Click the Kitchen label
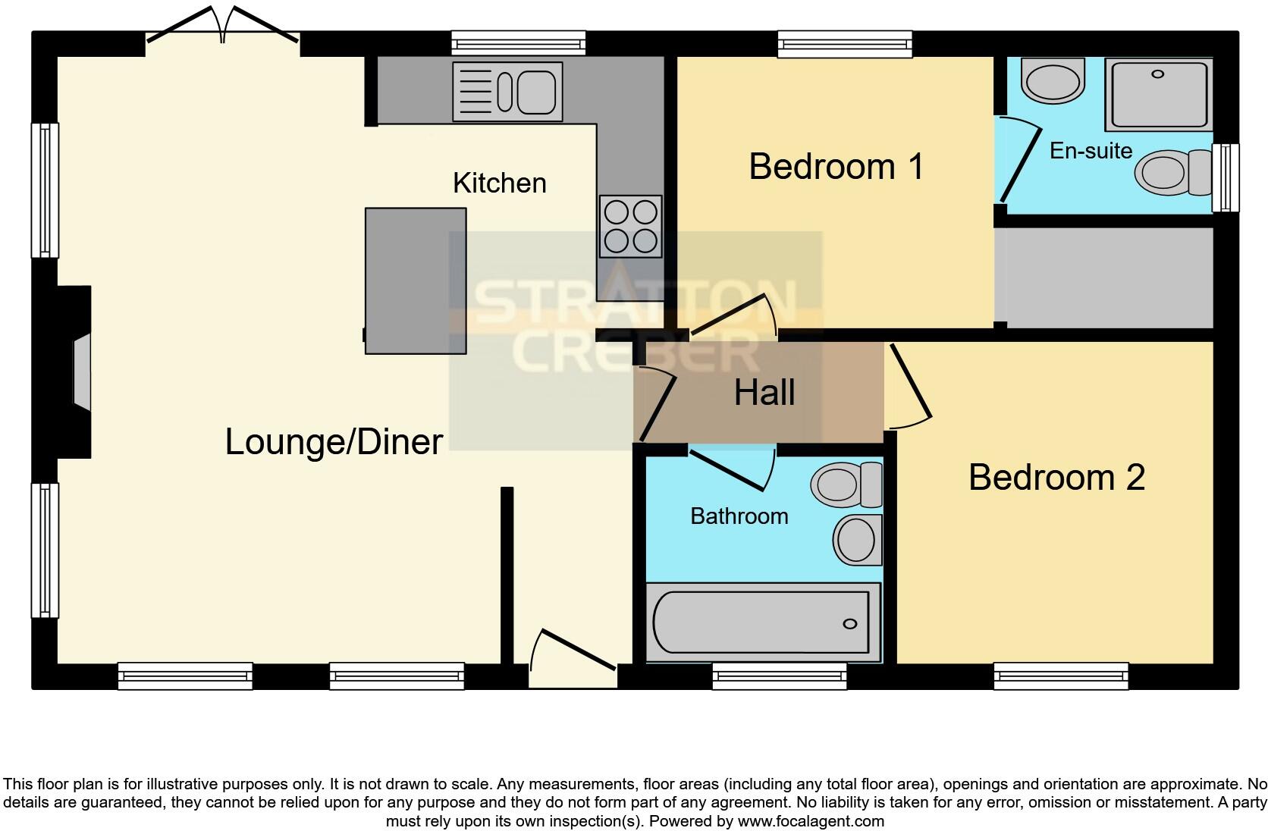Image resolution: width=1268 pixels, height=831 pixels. tap(499, 183)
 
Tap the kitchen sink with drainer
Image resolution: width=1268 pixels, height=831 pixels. tap(507, 91)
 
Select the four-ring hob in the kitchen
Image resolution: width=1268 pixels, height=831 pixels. tap(630, 226)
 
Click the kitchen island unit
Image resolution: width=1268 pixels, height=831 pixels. tap(416, 281)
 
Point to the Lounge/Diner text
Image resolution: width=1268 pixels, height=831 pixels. tap(334, 441)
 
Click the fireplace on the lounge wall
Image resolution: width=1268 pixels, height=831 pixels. tap(80, 372)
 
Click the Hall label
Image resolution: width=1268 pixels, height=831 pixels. tap(764, 393)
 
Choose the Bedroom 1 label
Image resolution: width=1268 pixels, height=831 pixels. tap(836, 166)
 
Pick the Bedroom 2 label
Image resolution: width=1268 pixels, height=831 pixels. tap(1056, 477)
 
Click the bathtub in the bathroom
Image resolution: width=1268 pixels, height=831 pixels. tap(762, 622)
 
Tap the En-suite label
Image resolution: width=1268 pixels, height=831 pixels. tap(1091, 150)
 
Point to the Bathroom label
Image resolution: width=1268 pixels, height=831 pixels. tap(739, 516)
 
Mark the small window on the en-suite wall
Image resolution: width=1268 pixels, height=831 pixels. tap(1225, 177)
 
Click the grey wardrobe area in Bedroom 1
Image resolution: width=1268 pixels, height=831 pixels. tap(1106, 278)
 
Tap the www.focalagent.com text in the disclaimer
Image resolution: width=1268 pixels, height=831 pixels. tap(811, 820)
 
